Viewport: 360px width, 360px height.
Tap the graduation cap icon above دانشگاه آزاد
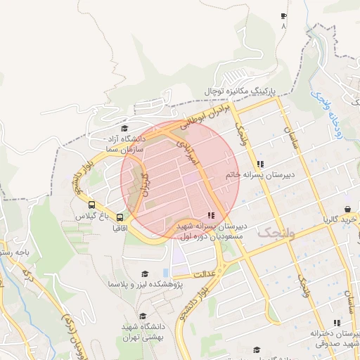coord(124,129)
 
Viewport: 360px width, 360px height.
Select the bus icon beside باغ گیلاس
coord(92,205)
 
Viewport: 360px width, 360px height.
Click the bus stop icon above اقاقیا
coord(120,217)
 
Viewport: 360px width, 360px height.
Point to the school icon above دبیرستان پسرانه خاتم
coord(261,163)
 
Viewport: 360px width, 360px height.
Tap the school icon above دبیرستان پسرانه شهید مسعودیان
coord(211,216)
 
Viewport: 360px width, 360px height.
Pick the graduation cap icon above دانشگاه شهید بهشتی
coord(143,316)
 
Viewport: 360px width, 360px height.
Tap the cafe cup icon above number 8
coord(283,15)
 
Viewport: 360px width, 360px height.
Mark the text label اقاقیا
coord(120,229)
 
